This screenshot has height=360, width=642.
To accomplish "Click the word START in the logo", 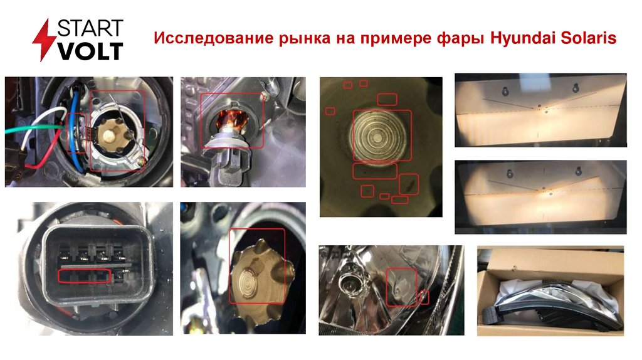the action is coord(90,28).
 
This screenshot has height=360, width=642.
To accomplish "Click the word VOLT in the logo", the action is coord(90,51).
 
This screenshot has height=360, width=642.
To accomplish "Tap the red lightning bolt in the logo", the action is coord(44,40).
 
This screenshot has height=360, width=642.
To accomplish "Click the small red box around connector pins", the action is coord(85,276).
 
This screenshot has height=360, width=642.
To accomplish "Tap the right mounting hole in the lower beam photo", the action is coord(578,171).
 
